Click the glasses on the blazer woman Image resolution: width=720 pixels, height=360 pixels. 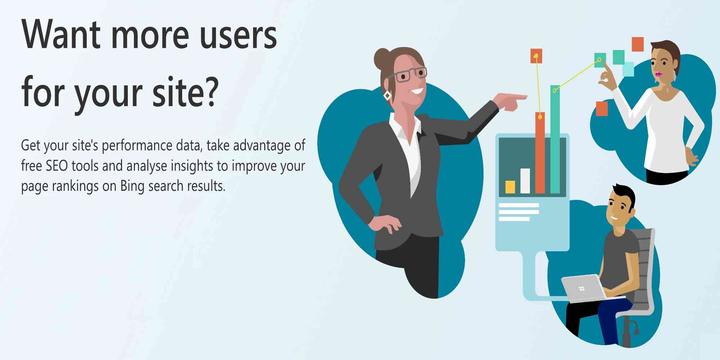click(x=408, y=76)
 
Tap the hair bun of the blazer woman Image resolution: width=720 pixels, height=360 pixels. click(x=383, y=57)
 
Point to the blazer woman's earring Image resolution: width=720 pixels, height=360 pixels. click(x=388, y=96)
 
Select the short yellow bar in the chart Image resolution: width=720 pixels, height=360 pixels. click(x=510, y=186)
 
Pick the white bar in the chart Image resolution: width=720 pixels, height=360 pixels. click(x=524, y=180)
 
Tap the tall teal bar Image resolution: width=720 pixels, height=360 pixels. click(x=554, y=140)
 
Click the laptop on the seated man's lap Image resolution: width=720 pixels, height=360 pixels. click(x=583, y=289)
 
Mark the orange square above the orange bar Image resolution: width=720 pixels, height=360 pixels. click(x=536, y=56)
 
